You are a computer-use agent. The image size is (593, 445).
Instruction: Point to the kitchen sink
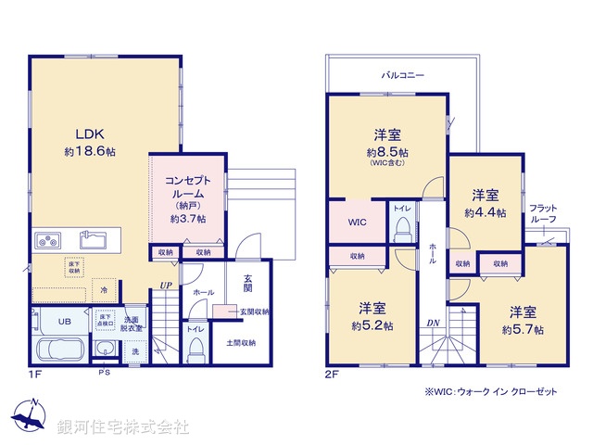coord(95,242)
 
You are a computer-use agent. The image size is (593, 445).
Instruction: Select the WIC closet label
coord(358,223)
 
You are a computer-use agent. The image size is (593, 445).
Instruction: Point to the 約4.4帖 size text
coord(485,212)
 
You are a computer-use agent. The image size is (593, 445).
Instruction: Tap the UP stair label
coord(166,286)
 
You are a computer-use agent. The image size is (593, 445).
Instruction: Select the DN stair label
coord(433,323)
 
